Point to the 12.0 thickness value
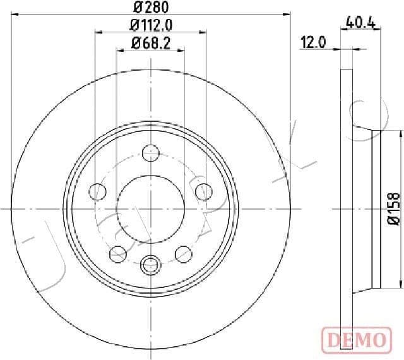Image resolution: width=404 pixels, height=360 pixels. click(312, 42)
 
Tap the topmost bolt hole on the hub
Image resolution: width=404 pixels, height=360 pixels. click(150, 153)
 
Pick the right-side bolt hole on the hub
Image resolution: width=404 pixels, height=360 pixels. click(203, 190)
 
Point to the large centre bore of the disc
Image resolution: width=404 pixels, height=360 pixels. click(150, 208)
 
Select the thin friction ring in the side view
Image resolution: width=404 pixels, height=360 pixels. click(346, 208)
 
